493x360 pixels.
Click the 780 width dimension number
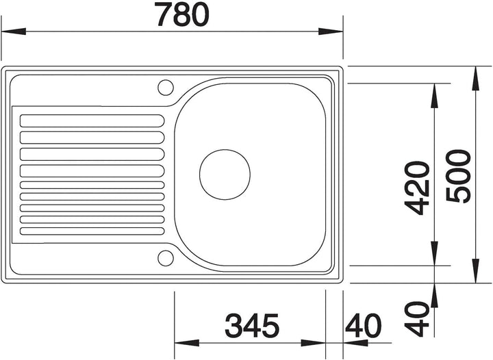tap(183, 14)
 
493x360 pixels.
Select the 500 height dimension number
tap(459, 176)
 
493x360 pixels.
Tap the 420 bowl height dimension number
tap(417, 188)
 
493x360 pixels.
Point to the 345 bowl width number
tap(252, 325)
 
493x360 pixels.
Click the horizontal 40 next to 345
tap(363, 325)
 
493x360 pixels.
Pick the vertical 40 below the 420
tap(417, 319)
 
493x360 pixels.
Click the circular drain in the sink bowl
tap(225, 175)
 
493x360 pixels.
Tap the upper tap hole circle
tap(166, 88)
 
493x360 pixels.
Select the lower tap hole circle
tap(166, 258)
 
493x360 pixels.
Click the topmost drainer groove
tap(92, 121)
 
